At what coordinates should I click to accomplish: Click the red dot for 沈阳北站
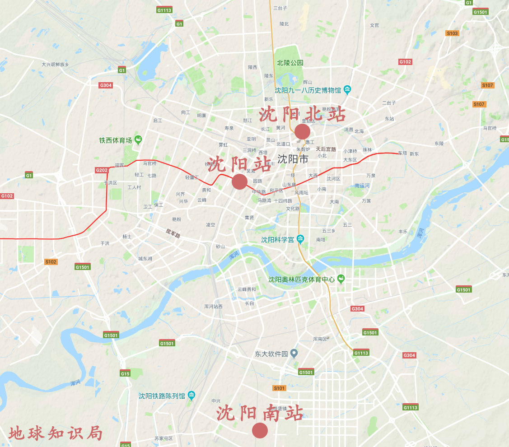click(x=302, y=131)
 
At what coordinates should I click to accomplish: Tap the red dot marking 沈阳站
click(x=239, y=182)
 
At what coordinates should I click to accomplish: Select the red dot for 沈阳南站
click(x=260, y=430)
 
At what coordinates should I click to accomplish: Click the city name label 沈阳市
click(x=293, y=159)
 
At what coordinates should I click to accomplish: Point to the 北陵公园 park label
click(x=290, y=63)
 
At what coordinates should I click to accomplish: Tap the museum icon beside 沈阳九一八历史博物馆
click(x=347, y=89)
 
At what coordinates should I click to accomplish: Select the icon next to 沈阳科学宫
click(x=300, y=239)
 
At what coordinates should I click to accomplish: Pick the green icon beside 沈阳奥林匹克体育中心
click(x=341, y=279)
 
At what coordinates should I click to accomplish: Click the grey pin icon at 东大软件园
click(x=294, y=353)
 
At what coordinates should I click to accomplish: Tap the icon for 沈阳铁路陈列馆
click(x=191, y=396)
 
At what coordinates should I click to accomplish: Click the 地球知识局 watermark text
click(x=56, y=433)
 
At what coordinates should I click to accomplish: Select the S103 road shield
click(x=452, y=33)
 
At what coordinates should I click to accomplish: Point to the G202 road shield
click(x=102, y=170)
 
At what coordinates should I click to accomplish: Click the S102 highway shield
click(x=51, y=262)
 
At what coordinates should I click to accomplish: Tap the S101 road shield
click(x=280, y=388)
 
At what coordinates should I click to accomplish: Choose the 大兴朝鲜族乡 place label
click(x=55, y=65)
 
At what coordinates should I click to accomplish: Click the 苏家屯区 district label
click(x=163, y=438)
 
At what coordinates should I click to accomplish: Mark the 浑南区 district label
click(x=320, y=339)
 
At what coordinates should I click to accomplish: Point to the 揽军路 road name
click(x=173, y=233)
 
